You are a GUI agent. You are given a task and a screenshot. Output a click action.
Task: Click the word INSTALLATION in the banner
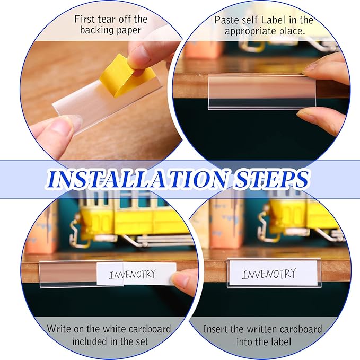(137, 179)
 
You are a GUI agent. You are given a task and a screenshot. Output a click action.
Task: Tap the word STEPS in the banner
(271, 179)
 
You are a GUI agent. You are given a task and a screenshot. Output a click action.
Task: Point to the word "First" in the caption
(84, 19)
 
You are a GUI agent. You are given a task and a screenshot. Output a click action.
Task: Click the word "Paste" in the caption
(225, 20)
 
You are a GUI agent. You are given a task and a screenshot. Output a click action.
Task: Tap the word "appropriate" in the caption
(250, 31)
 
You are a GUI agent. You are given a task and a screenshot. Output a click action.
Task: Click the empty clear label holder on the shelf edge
(262, 92)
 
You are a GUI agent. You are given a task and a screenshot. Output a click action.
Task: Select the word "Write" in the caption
(58, 329)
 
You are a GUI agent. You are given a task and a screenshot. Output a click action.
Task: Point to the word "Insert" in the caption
(215, 329)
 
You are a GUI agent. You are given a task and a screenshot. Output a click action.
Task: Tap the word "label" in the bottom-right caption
(280, 341)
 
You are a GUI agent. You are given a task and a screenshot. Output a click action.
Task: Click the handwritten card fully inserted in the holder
(273, 274)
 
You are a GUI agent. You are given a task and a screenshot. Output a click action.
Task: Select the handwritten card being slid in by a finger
(136, 274)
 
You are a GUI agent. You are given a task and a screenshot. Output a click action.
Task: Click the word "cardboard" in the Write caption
(150, 329)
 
